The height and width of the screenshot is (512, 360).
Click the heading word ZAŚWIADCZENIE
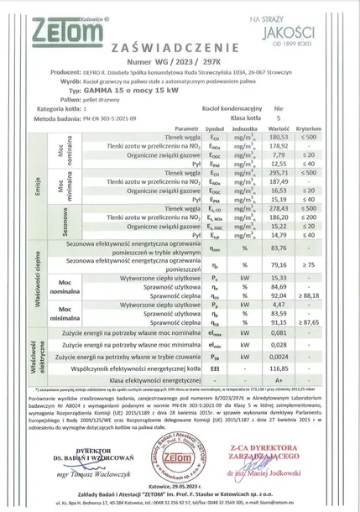[x=180, y=50]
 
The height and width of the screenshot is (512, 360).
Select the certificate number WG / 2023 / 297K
[x=179, y=63]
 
